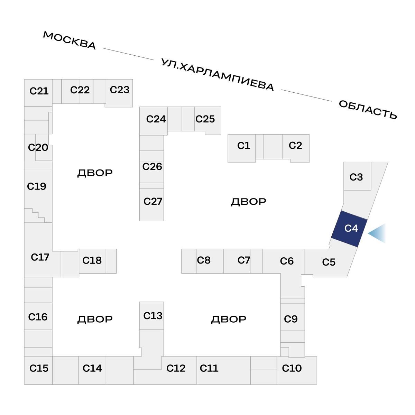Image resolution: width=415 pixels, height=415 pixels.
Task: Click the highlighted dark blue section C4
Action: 350,229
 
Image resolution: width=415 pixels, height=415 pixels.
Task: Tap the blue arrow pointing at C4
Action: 377,233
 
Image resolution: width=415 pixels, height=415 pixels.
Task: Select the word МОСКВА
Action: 69,40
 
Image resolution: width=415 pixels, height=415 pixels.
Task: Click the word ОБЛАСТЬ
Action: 368,110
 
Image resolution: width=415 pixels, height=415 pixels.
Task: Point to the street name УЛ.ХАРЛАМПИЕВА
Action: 218,75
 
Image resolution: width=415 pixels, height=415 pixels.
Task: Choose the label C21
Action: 39,91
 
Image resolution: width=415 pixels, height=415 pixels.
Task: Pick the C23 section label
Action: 119,90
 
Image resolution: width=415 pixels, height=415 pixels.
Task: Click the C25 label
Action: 205,119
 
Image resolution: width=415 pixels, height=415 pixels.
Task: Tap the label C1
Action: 243,146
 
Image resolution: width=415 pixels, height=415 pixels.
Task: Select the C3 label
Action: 356,177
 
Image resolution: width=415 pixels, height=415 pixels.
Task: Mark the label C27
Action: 153,201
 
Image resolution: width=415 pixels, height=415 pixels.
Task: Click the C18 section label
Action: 92,260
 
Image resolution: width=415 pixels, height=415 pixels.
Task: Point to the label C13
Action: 153,316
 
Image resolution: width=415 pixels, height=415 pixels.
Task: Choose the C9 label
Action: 290,319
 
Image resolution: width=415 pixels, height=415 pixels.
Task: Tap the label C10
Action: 292,368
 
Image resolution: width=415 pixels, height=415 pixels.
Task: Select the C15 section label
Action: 39,368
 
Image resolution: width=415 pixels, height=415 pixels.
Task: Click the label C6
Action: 287,261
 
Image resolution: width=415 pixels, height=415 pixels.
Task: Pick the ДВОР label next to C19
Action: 95,173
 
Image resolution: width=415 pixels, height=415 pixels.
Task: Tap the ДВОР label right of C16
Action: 95,319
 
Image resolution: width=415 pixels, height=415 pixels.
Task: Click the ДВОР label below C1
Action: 248,201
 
